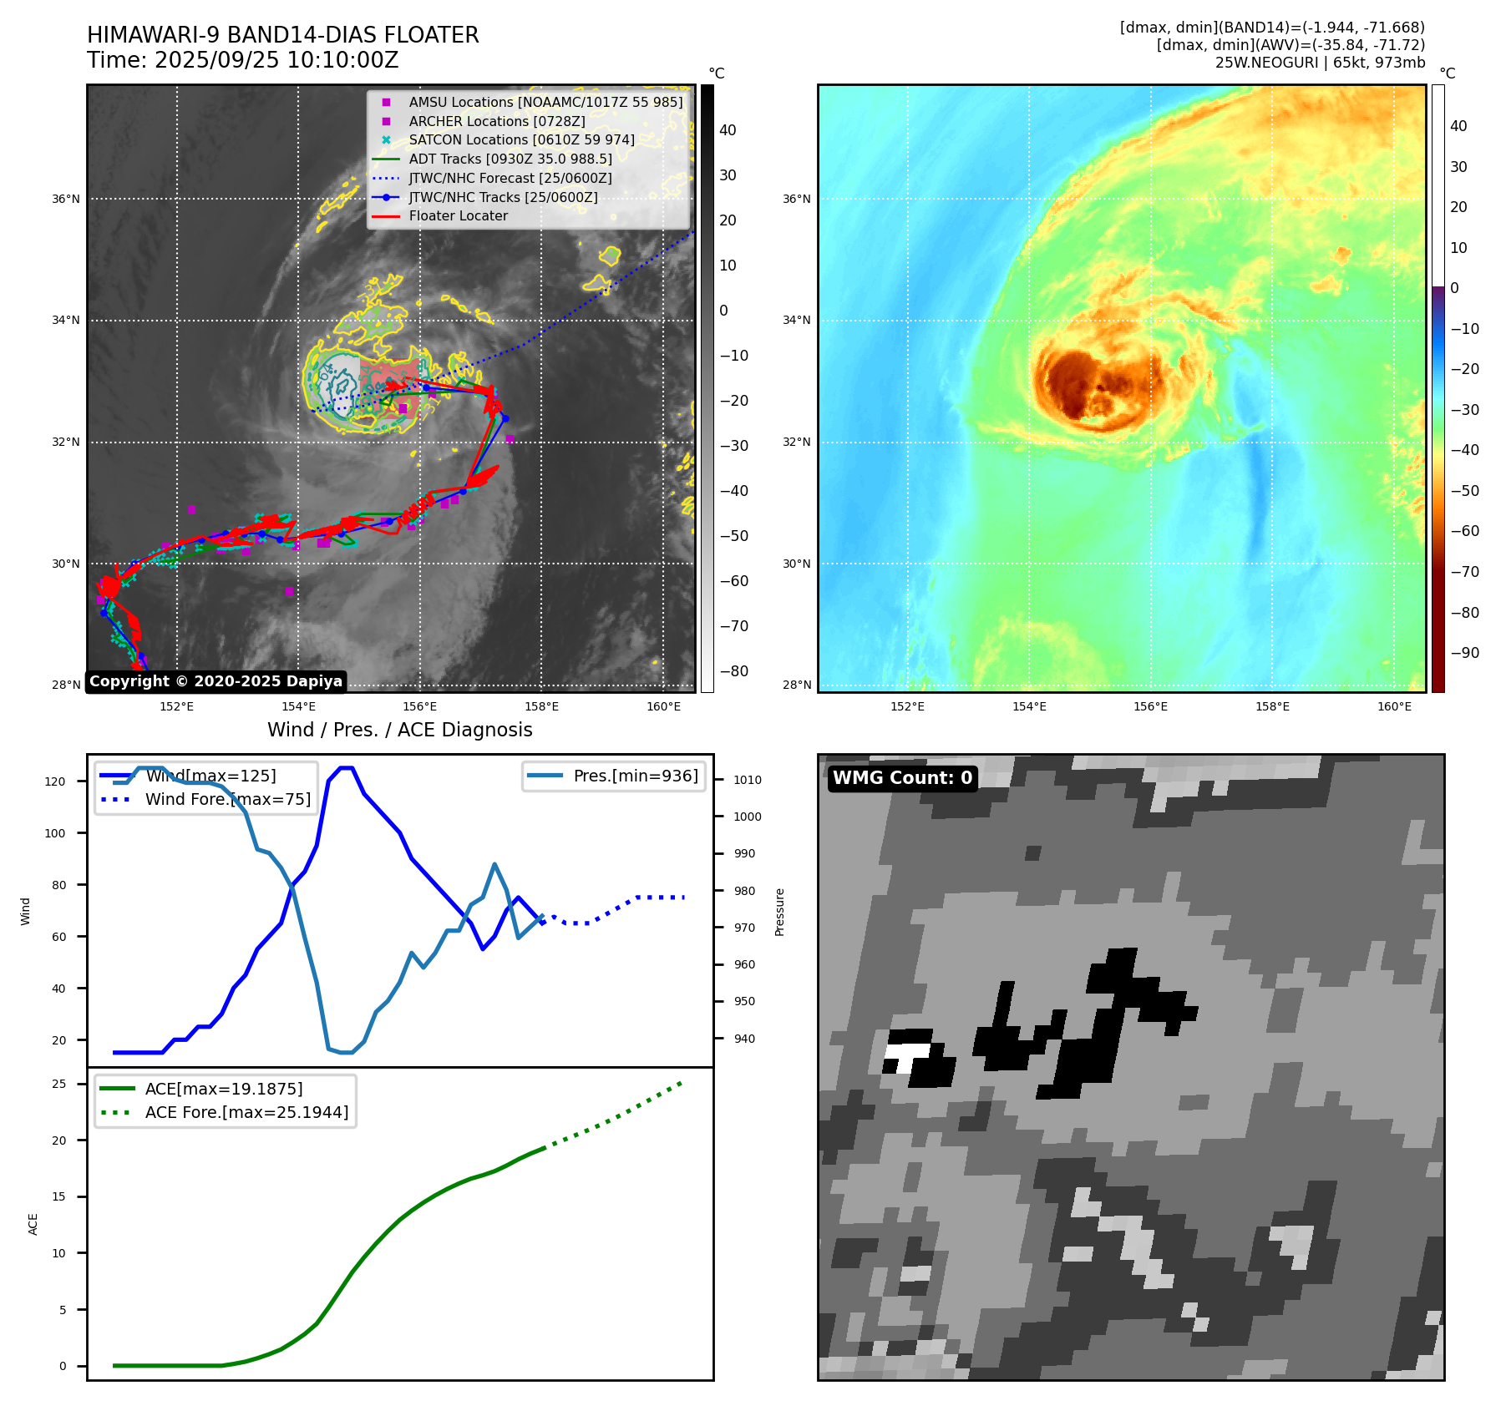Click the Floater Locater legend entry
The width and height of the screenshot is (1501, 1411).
[x=458, y=216]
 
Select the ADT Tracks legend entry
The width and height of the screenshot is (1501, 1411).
[x=510, y=159]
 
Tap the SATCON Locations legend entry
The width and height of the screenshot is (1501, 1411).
[x=521, y=140]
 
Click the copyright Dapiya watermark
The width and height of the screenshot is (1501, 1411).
[x=216, y=681]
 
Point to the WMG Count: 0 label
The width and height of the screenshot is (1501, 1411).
[x=902, y=778]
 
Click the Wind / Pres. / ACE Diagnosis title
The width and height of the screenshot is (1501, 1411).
[x=399, y=730]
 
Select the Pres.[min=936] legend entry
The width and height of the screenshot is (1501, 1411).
[x=636, y=776]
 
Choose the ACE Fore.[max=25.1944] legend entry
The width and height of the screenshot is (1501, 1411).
[x=246, y=1112]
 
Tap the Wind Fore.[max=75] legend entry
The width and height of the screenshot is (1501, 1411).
[x=227, y=800]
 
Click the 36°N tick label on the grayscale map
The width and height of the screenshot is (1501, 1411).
[x=66, y=200]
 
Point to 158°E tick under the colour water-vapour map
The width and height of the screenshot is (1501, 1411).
[x=1272, y=707]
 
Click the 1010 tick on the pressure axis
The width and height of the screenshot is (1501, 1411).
[x=748, y=781]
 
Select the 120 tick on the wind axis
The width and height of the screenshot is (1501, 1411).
[x=54, y=782]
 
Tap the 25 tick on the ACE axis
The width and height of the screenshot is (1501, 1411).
[x=58, y=1085]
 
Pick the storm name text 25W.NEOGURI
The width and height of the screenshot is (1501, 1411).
[x=1266, y=63]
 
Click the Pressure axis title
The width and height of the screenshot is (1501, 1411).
[x=779, y=912]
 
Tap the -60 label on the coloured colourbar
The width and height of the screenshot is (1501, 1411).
[x=1464, y=531]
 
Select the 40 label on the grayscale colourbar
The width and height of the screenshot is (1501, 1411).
[x=728, y=130]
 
